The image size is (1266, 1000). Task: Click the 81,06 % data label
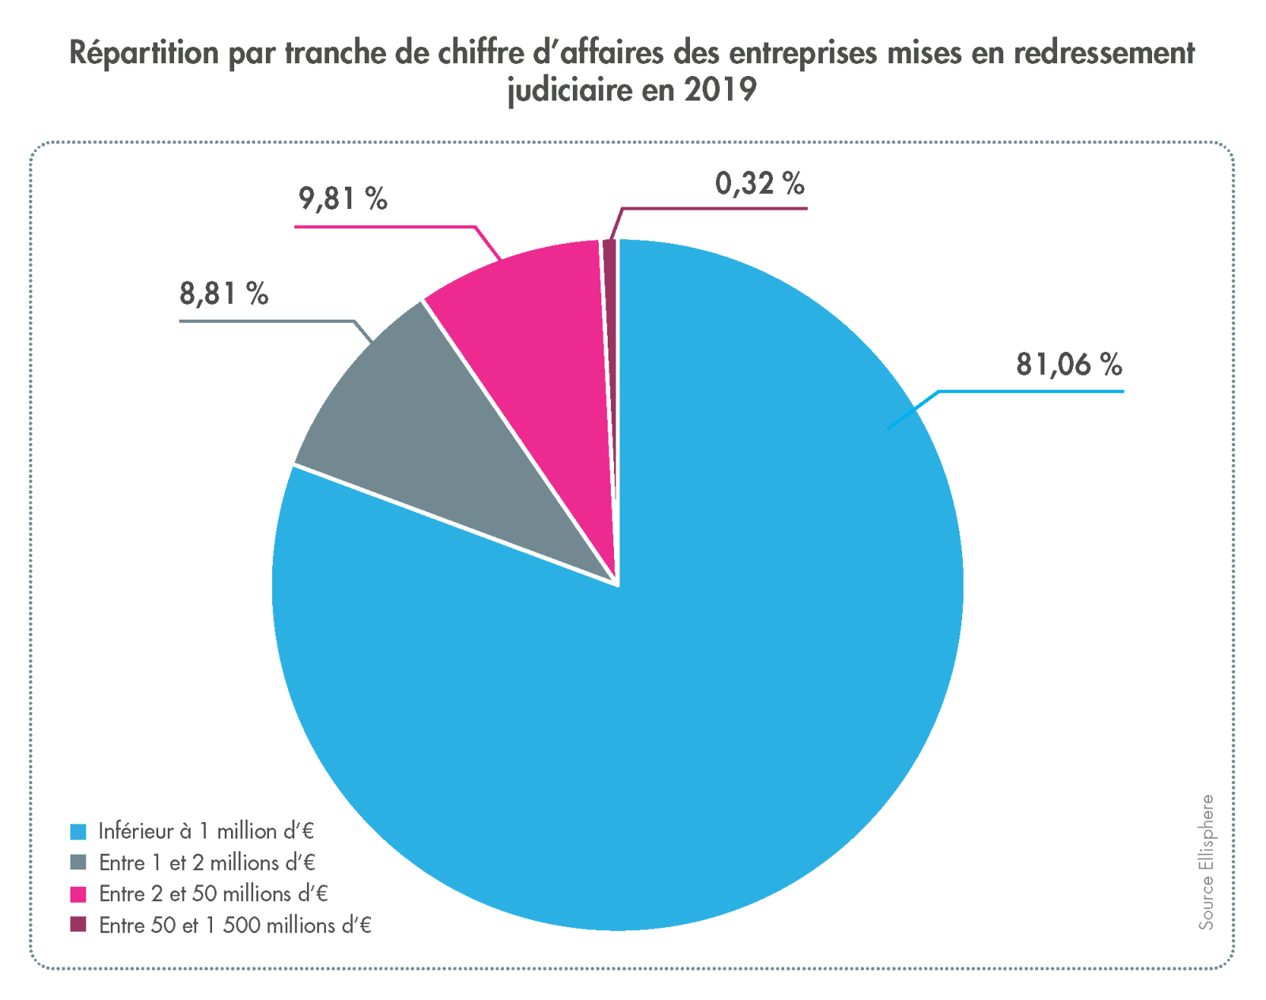point(1068,366)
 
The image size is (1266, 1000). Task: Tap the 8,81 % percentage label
point(224,294)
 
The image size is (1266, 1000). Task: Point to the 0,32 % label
point(760,184)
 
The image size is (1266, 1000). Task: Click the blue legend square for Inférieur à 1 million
point(78,831)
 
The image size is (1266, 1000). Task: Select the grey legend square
point(78,862)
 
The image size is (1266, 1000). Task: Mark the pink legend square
point(78,894)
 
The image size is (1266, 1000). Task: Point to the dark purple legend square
point(78,925)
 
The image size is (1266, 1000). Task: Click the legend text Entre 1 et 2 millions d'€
point(207,862)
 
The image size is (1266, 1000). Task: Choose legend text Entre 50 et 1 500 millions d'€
point(235,925)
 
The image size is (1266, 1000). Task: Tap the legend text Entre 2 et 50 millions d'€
point(213,894)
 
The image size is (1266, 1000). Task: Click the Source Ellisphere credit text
point(1205,862)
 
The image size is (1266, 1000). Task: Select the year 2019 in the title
point(720,89)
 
